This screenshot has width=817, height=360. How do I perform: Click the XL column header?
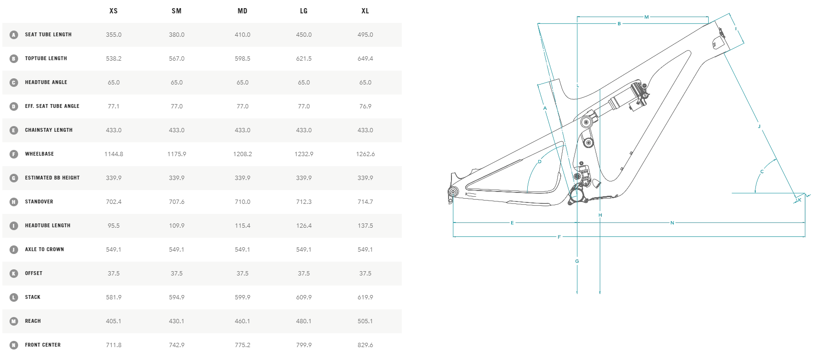(365, 11)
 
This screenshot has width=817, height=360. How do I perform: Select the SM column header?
(177, 11)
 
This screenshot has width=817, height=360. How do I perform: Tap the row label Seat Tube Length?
(48, 35)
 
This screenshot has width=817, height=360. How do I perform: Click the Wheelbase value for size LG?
(304, 154)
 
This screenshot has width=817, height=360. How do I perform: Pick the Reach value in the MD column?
(242, 321)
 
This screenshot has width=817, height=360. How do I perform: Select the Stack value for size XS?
(114, 297)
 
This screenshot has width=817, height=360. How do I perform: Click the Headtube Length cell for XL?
(365, 226)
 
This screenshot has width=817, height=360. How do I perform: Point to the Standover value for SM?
(177, 202)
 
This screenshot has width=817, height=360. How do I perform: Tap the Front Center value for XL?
(365, 345)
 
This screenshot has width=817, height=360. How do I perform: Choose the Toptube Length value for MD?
(242, 59)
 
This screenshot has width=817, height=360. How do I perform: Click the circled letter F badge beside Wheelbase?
(14, 154)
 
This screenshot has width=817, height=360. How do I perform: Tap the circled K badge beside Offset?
(14, 274)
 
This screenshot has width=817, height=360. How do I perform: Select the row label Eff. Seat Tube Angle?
(52, 106)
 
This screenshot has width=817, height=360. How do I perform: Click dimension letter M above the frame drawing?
(647, 17)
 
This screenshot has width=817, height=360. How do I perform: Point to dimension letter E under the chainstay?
(512, 223)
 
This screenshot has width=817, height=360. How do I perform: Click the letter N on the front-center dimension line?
(672, 223)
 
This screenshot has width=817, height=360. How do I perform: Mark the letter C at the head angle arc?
(762, 172)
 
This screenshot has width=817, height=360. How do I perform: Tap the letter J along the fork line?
(759, 127)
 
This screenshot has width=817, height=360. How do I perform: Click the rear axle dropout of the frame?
(452, 192)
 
